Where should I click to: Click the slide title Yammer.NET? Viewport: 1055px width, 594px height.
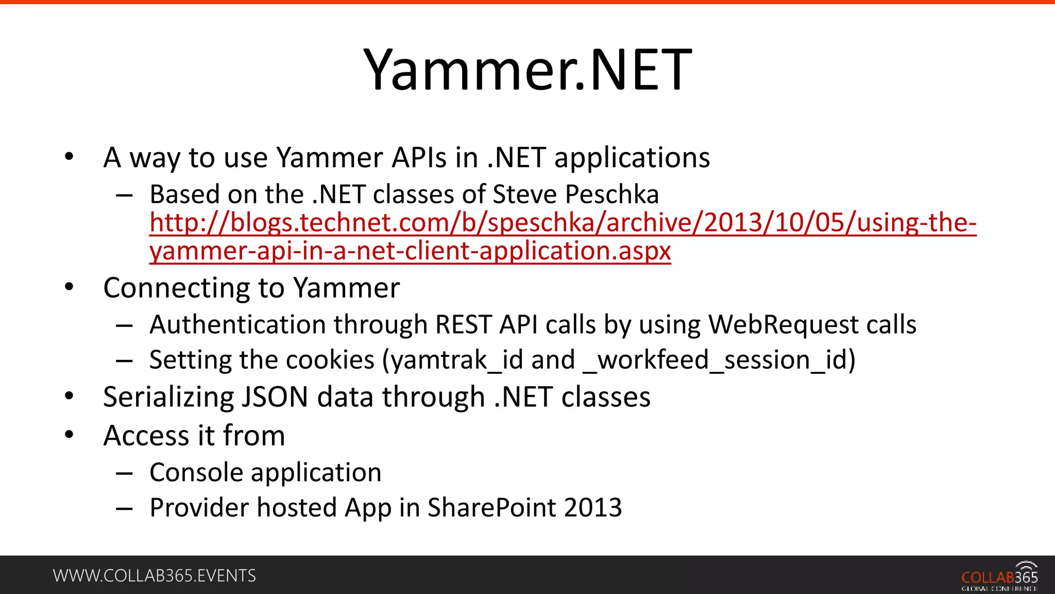point(527,70)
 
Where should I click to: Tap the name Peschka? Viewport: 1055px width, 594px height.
point(611,195)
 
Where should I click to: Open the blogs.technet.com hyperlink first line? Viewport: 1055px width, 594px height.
point(563,223)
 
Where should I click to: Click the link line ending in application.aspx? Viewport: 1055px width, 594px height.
point(410,251)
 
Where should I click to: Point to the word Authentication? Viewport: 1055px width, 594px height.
point(237,325)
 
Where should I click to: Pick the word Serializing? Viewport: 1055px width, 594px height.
point(168,398)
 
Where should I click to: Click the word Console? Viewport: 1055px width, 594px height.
point(196,473)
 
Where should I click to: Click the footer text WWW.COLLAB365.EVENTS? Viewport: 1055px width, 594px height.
point(154,576)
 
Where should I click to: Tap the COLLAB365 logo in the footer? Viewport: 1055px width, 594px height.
point(999,577)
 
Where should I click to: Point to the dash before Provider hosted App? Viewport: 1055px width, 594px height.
point(124,509)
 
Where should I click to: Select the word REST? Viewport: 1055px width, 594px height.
point(463,325)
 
